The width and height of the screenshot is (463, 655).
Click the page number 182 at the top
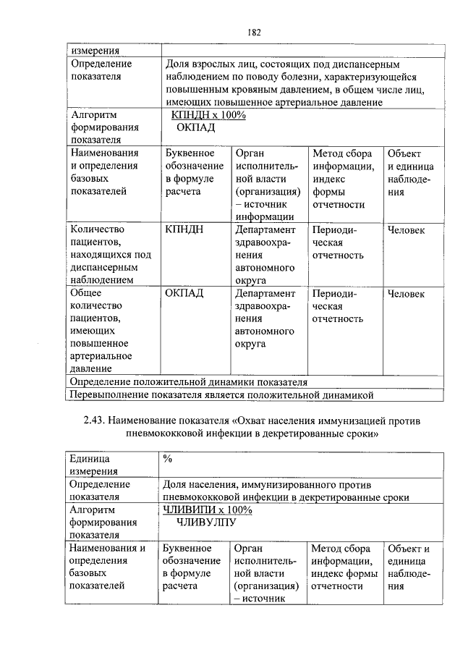pos(253,32)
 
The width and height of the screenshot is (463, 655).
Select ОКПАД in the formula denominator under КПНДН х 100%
pos(196,127)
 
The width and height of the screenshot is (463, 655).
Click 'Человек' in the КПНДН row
pos(406,230)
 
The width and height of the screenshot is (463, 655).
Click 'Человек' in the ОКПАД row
pos(406,293)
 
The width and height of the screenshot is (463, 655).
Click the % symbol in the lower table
pos(168,459)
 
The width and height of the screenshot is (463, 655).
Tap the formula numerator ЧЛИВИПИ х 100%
pos(208,510)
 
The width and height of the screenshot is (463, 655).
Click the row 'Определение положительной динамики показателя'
pos(188,381)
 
